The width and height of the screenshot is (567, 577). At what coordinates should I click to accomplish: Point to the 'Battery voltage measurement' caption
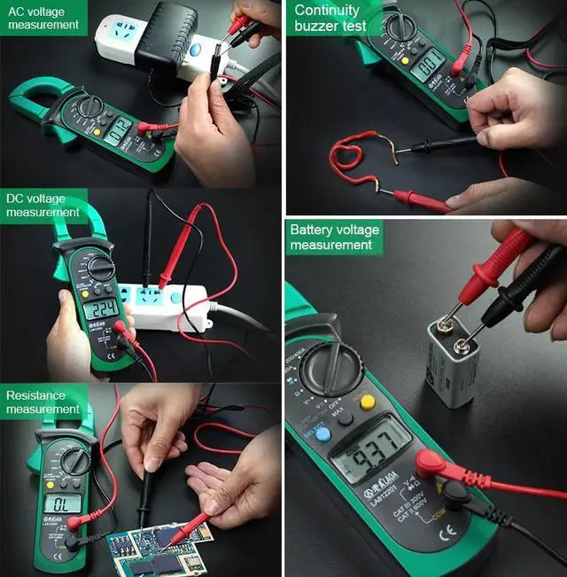(334, 237)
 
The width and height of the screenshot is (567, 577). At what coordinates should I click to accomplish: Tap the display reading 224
(100, 309)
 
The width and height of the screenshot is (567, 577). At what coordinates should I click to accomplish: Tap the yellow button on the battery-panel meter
(367, 402)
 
